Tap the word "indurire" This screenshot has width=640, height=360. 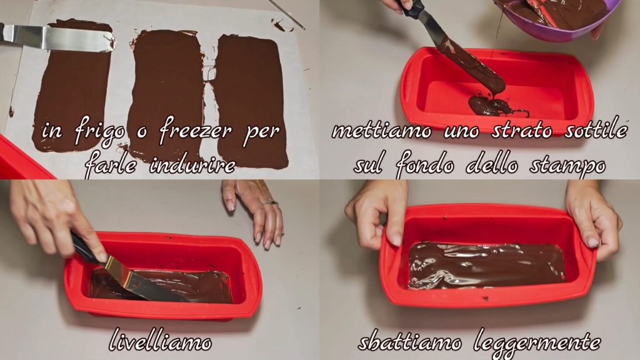click(192, 165)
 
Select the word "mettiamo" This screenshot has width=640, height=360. click(381, 130)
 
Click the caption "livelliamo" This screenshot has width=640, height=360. click(161, 341)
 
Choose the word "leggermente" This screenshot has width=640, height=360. click(537, 343)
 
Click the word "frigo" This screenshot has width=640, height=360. click(99, 132)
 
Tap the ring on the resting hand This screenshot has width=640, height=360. click(270, 202)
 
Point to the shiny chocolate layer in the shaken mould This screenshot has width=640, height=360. click(487, 265)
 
